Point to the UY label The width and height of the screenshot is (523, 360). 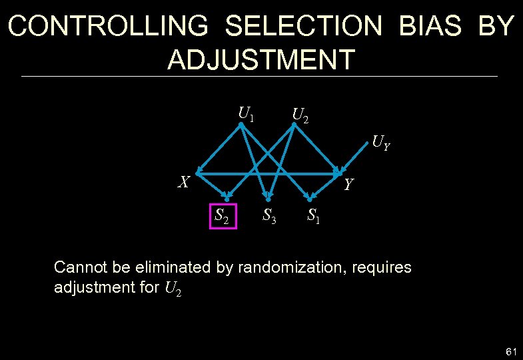click(x=381, y=141)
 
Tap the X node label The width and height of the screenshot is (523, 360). click(x=185, y=181)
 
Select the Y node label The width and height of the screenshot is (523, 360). click(x=349, y=184)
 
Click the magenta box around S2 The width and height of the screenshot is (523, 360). click(x=223, y=215)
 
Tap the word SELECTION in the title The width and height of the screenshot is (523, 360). click(x=304, y=27)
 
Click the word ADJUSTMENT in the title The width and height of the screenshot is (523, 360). click(x=261, y=60)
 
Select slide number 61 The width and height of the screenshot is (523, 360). click(x=512, y=351)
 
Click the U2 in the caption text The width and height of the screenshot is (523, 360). click(x=173, y=288)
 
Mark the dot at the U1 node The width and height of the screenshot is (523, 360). click(x=241, y=124)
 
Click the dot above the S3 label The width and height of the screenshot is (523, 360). click(x=268, y=199)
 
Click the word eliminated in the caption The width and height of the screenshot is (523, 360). click(x=169, y=267)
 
